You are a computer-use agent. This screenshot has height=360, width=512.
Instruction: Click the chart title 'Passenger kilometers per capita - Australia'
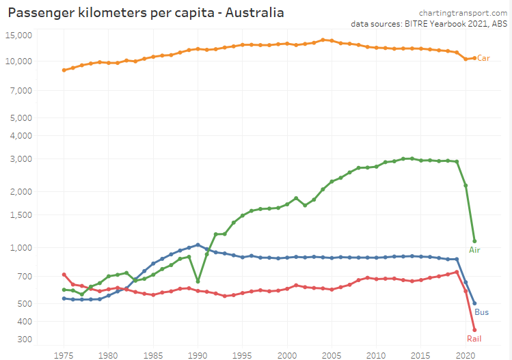tap(146, 12)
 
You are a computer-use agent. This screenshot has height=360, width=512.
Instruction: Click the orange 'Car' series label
tap(483, 58)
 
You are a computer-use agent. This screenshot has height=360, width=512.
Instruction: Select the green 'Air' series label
tap(474, 250)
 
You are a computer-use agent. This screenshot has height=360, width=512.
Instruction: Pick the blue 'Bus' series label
tap(481, 313)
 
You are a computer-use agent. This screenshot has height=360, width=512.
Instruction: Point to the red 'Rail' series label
tap(474, 339)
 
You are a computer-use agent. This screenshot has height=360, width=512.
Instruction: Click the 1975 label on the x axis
tap(64, 355)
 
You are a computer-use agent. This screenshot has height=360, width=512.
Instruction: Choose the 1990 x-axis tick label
tap(198, 355)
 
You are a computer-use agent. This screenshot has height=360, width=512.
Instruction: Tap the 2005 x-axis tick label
tap(332, 355)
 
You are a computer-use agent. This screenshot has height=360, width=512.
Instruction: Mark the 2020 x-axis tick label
tap(466, 355)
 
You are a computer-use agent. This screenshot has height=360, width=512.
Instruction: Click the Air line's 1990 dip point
tap(198, 281)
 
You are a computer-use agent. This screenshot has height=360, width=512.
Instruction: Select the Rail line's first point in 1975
tap(64, 275)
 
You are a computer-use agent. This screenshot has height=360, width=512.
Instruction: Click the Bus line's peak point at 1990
tap(198, 245)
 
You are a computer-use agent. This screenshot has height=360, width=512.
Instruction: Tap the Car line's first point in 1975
tap(64, 70)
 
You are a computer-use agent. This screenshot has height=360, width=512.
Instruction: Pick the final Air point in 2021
tap(474, 241)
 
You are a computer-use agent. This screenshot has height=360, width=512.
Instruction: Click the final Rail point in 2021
tap(474, 330)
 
